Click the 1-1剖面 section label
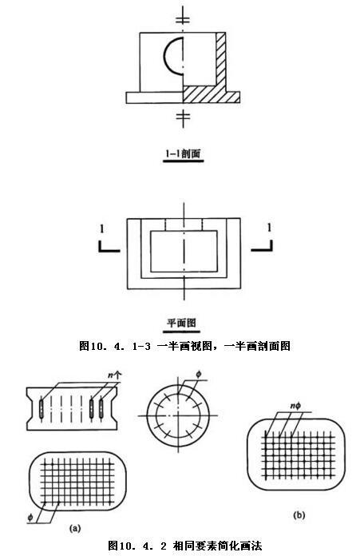(183, 153)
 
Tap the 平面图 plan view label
(181, 323)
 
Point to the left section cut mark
(109, 247)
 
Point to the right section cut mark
(262, 246)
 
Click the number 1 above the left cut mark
(102, 229)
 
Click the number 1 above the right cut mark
(269, 228)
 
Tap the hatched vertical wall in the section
(221, 59)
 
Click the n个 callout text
(115, 375)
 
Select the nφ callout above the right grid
(295, 406)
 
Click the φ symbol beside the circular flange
(199, 374)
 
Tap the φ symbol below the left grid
(30, 518)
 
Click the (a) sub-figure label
(75, 529)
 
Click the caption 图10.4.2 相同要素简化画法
(185, 546)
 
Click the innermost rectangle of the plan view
(184, 251)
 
